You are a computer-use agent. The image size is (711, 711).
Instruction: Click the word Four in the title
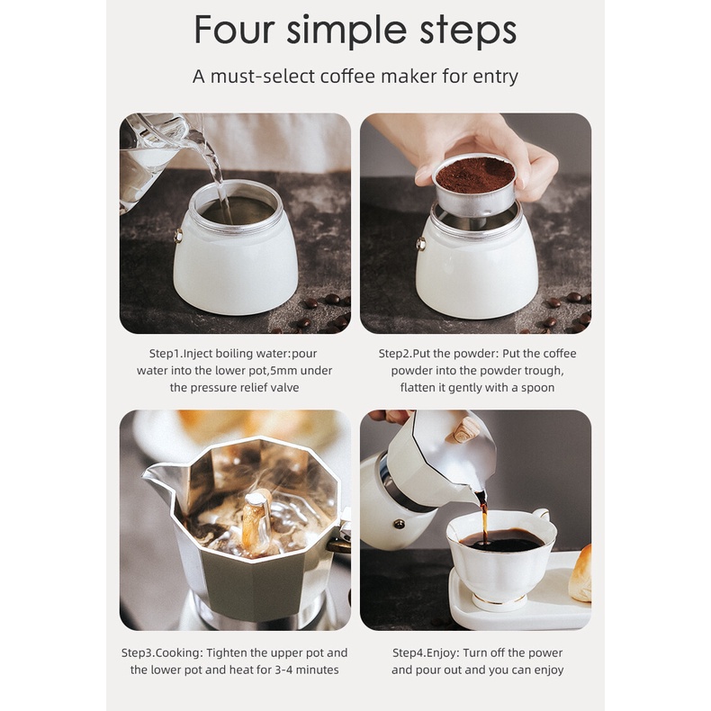234,30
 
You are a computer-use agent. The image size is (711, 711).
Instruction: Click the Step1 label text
165,354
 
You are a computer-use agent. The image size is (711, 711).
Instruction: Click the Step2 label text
395,354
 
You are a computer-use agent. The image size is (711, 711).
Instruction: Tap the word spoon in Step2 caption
538,388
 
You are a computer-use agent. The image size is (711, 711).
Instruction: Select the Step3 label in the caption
138,653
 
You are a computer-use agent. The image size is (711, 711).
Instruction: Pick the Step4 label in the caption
409,653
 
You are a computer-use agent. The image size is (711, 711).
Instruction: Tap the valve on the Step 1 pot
178,236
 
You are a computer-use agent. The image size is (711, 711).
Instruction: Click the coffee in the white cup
501,541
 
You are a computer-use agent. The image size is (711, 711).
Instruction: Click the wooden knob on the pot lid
463,431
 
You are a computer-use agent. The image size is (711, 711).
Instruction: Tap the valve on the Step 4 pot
400,525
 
